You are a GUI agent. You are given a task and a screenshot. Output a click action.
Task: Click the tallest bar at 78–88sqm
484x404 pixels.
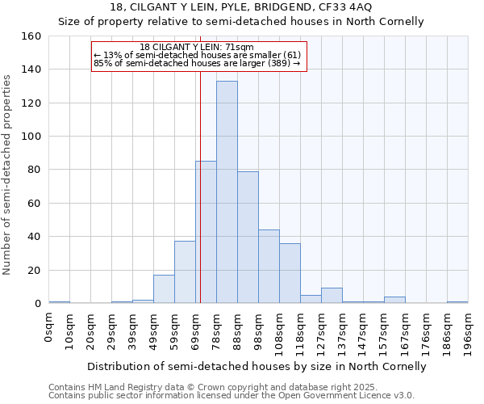tap(227, 192)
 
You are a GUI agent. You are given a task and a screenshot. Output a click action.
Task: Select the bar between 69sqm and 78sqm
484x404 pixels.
tap(206, 233)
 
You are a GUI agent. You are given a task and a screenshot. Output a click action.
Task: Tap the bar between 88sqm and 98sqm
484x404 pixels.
tap(248, 238)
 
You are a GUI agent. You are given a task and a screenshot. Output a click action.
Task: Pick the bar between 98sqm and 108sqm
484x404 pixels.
tap(269, 267)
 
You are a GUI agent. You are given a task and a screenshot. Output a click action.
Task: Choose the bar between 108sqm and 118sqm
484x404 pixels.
tap(290, 273)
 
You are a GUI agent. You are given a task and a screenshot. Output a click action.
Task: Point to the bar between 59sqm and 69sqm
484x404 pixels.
tap(185, 272)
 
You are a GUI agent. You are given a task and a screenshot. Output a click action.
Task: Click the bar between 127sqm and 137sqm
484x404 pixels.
tap(332, 296)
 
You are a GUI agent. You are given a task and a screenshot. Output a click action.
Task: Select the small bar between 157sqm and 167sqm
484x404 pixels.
tap(394, 300)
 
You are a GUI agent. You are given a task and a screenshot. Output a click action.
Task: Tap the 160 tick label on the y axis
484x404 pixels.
tap(31, 36)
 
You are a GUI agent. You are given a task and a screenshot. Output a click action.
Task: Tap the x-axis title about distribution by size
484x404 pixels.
tap(257, 366)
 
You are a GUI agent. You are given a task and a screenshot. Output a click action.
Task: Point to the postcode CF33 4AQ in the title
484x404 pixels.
tap(346, 6)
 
